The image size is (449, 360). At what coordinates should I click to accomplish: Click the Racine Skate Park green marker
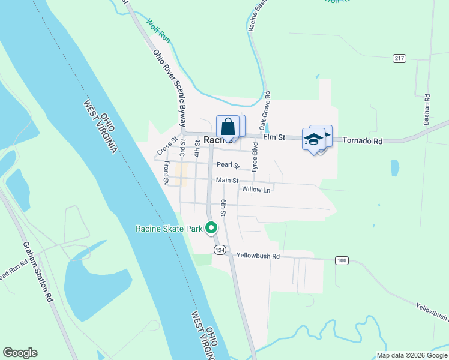211,228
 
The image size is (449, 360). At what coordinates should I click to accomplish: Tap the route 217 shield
400,58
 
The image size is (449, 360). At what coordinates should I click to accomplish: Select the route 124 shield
220,249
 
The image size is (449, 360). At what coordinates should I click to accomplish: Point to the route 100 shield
342,260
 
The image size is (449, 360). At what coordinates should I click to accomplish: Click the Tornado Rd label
362,140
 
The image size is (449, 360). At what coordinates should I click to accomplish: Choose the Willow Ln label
257,190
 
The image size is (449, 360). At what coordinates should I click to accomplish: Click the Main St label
227,180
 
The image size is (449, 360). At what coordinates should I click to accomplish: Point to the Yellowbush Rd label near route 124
258,256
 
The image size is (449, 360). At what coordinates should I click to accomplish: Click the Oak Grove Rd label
264,111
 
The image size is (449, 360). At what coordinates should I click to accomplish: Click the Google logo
20,353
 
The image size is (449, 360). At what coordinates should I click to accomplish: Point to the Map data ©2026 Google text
411,355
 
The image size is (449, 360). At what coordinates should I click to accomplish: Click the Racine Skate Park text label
170,229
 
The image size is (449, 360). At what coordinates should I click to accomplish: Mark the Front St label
166,172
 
